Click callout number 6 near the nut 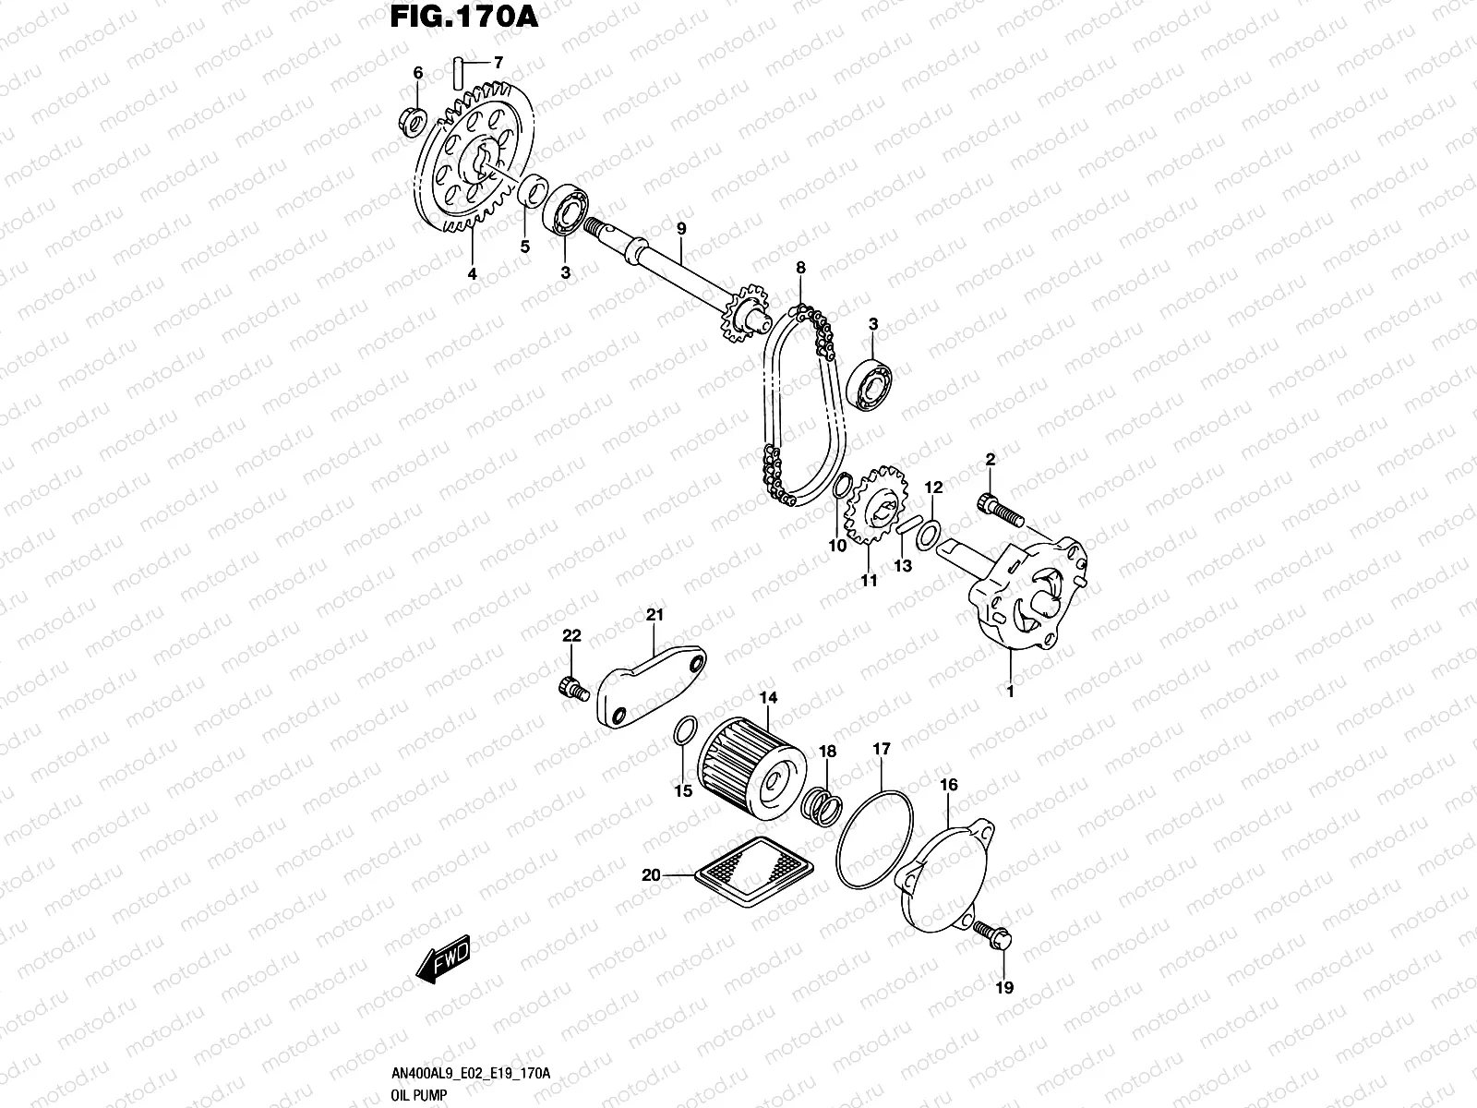point(417,73)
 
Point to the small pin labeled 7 point(459,69)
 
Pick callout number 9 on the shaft point(681,228)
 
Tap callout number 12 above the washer point(933,487)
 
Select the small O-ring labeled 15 point(682,734)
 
